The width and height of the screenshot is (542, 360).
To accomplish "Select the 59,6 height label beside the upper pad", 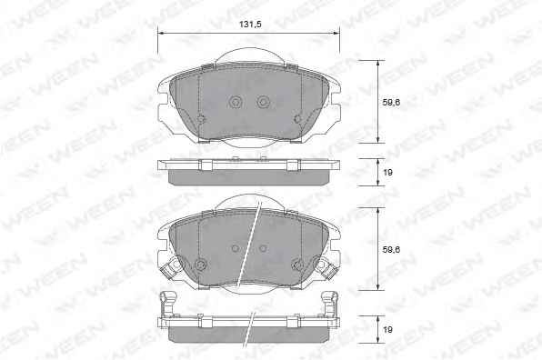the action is point(391,102).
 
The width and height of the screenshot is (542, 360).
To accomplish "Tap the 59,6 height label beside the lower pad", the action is point(391,249).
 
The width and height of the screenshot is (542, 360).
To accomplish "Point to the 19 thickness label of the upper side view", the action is point(387,172).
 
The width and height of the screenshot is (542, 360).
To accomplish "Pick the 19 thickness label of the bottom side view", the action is point(387,330).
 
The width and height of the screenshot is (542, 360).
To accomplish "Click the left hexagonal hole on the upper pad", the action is point(236,101).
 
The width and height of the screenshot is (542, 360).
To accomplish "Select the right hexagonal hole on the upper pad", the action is point(264,101).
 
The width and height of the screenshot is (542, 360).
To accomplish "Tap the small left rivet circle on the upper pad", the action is point(200,119).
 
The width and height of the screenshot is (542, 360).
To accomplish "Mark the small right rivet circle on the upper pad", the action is point(297,119).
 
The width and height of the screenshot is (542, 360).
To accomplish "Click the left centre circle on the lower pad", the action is point(236,248).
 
